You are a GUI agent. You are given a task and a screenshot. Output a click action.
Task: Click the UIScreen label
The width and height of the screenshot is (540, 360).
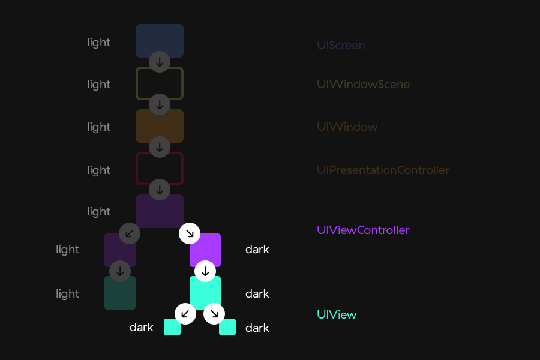[341, 46]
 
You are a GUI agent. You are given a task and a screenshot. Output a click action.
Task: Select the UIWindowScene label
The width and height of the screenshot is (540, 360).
[363, 85]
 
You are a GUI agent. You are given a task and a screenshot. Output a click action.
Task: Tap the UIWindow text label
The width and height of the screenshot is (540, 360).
[347, 127]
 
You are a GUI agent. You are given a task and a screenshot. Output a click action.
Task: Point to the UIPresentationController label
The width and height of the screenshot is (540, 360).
[383, 170]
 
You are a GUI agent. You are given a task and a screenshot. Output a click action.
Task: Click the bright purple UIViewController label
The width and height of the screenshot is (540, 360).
[363, 230]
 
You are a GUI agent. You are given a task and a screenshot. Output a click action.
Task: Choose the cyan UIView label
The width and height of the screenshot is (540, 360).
[337, 314]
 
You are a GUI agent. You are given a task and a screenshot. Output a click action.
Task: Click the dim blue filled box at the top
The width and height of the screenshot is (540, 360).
[160, 40]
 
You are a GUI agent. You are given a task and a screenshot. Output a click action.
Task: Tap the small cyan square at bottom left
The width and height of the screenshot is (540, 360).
[172, 328]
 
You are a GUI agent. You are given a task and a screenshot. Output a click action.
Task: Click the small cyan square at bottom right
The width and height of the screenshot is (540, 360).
[227, 328]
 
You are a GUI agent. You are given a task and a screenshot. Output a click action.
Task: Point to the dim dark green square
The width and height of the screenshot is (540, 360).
[120, 293]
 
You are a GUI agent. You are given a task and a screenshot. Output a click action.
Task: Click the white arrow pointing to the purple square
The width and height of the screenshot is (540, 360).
[190, 233]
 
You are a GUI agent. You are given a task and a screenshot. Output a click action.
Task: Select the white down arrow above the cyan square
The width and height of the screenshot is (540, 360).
[205, 271]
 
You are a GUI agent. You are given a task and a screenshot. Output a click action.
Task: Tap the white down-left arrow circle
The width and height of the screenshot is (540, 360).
[185, 313]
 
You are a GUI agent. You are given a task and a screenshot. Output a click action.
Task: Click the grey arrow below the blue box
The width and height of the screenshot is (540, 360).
[160, 61]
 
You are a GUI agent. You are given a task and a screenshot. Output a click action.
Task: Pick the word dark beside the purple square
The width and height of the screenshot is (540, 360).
[257, 250]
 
